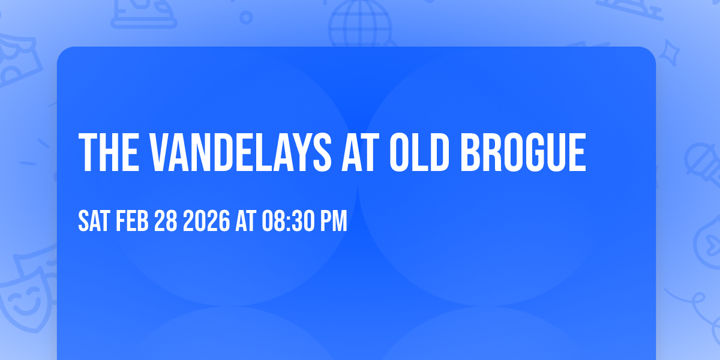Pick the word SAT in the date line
(94, 221)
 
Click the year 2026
(206, 221)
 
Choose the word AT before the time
(247, 221)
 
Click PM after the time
(333, 221)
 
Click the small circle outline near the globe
(246, 17)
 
